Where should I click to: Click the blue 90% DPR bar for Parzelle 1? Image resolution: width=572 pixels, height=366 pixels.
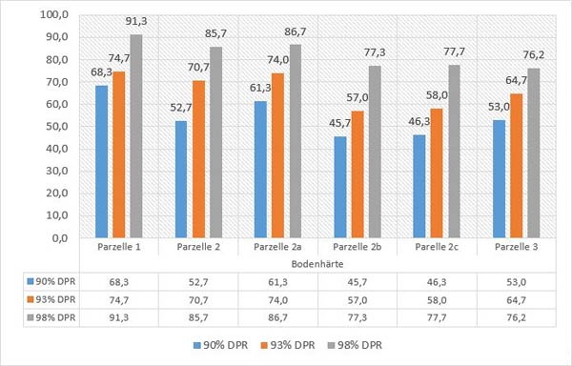click(101, 161)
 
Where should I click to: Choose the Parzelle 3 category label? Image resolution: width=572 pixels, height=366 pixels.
click(516, 246)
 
